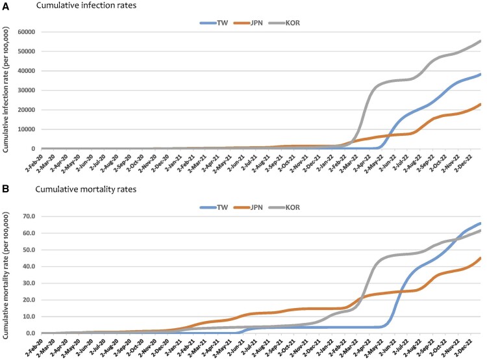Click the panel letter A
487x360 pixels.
tap(5, 6)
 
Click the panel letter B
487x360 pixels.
tap(5, 189)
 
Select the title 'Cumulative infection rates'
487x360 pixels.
tap(86, 5)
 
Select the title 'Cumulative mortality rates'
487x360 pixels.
tap(86, 189)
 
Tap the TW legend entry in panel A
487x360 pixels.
tap(214, 23)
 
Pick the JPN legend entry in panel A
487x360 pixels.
tap(248, 23)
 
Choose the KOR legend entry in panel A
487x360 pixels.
tap(284, 23)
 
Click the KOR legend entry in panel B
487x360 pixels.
tap(284, 207)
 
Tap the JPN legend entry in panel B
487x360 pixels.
tap(248, 207)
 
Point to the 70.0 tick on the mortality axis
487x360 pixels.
tap(29, 216)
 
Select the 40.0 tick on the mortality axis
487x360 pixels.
tap(29, 266)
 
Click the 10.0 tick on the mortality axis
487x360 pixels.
tap(29, 316)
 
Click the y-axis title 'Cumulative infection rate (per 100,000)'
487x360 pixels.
tap(6, 90)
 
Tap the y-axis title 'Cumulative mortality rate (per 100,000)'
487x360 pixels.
tap(6, 276)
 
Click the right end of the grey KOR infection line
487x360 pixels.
tap(481, 41)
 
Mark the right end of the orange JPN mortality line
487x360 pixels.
tap(481, 258)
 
